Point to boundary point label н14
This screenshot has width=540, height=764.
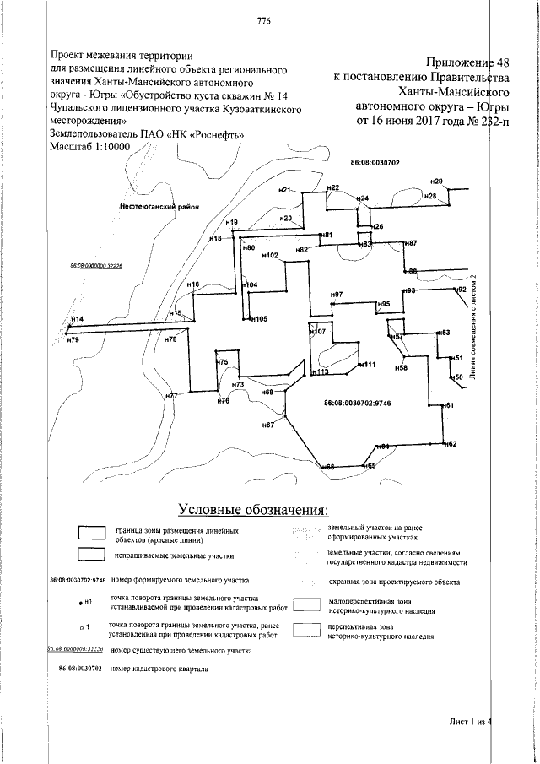pyautogui.click(x=77, y=319)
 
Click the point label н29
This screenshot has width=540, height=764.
pyautogui.click(x=436, y=182)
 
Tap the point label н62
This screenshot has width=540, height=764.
pyautogui.click(x=451, y=444)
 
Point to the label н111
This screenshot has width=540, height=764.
pyautogui.click(x=369, y=365)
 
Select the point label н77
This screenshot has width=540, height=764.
pyautogui.click(x=171, y=396)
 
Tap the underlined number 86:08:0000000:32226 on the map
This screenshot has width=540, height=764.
pyautogui.click(x=96, y=266)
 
